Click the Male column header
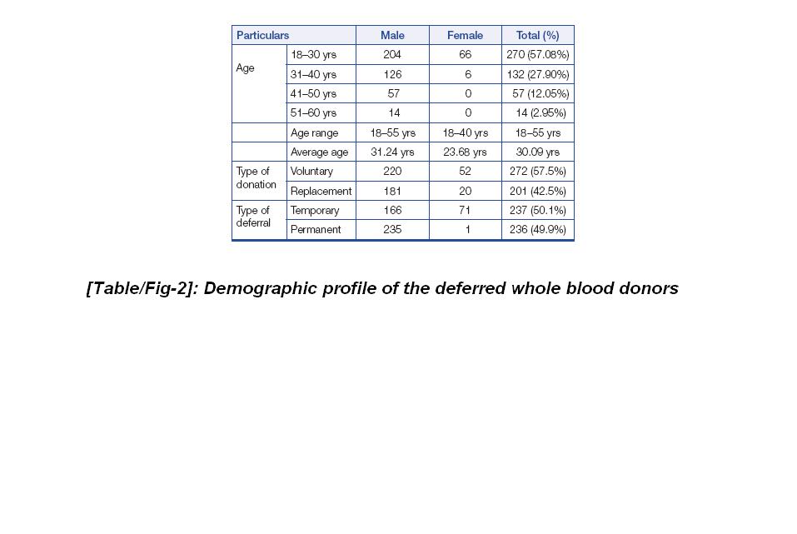click(392, 35)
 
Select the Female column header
click(465, 35)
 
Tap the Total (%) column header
click(537, 35)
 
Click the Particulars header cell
click(263, 35)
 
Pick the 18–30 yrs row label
click(313, 55)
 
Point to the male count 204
click(392, 55)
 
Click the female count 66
click(465, 55)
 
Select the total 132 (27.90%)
click(537, 74)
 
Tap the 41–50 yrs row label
click(313, 94)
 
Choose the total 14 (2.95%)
click(540, 113)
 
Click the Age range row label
click(314, 132)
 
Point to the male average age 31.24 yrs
click(392, 152)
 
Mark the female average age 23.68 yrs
click(465, 152)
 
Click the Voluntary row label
click(311, 172)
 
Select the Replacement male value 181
click(392, 191)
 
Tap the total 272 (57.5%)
click(537, 172)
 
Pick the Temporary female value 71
click(465, 211)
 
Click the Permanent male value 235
click(392, 230)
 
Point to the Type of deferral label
click(253, 217)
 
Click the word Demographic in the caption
click(259, 288)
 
